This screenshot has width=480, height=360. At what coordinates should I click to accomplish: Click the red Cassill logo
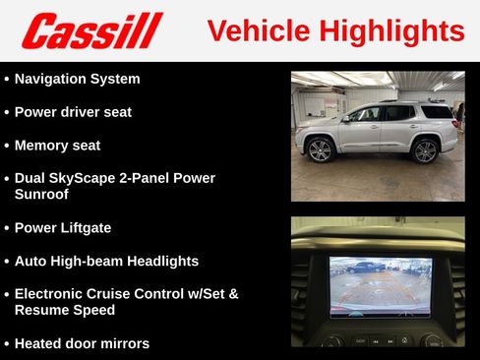[x=92, y=30]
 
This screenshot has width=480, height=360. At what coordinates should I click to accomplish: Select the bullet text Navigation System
[x=78, y=79]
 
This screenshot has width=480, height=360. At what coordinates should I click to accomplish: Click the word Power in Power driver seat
[x=37, y=112]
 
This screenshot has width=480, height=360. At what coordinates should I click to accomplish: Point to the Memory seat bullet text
[x=57, y=146]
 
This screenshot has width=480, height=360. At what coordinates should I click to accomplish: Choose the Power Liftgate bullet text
[x=63, y=228]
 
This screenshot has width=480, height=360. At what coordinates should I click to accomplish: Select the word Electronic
[x=53, y=294]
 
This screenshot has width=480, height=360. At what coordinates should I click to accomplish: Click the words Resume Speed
[x=65, y=310]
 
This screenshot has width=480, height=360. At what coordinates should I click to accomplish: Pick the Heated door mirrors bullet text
[x=82, y=344]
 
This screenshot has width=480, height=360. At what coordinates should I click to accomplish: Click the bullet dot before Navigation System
[x=7, y=80]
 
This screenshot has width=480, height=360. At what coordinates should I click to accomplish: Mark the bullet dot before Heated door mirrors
[x=7, y=344]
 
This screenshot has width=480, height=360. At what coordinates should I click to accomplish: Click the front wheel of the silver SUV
[x=320, y=150]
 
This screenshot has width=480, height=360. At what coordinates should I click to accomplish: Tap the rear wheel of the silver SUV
[x=425, y=150]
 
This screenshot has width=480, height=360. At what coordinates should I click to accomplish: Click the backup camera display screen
[x=380, y=286]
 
